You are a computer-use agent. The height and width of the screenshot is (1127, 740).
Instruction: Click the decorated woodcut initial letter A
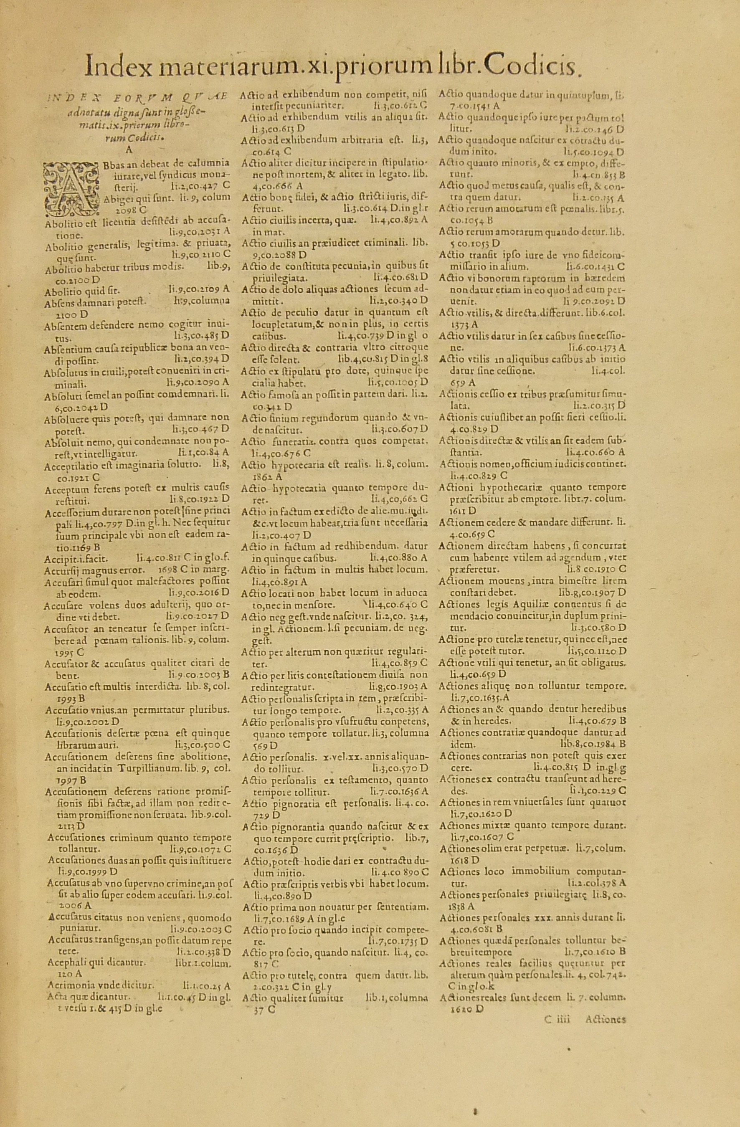[70, 186]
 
